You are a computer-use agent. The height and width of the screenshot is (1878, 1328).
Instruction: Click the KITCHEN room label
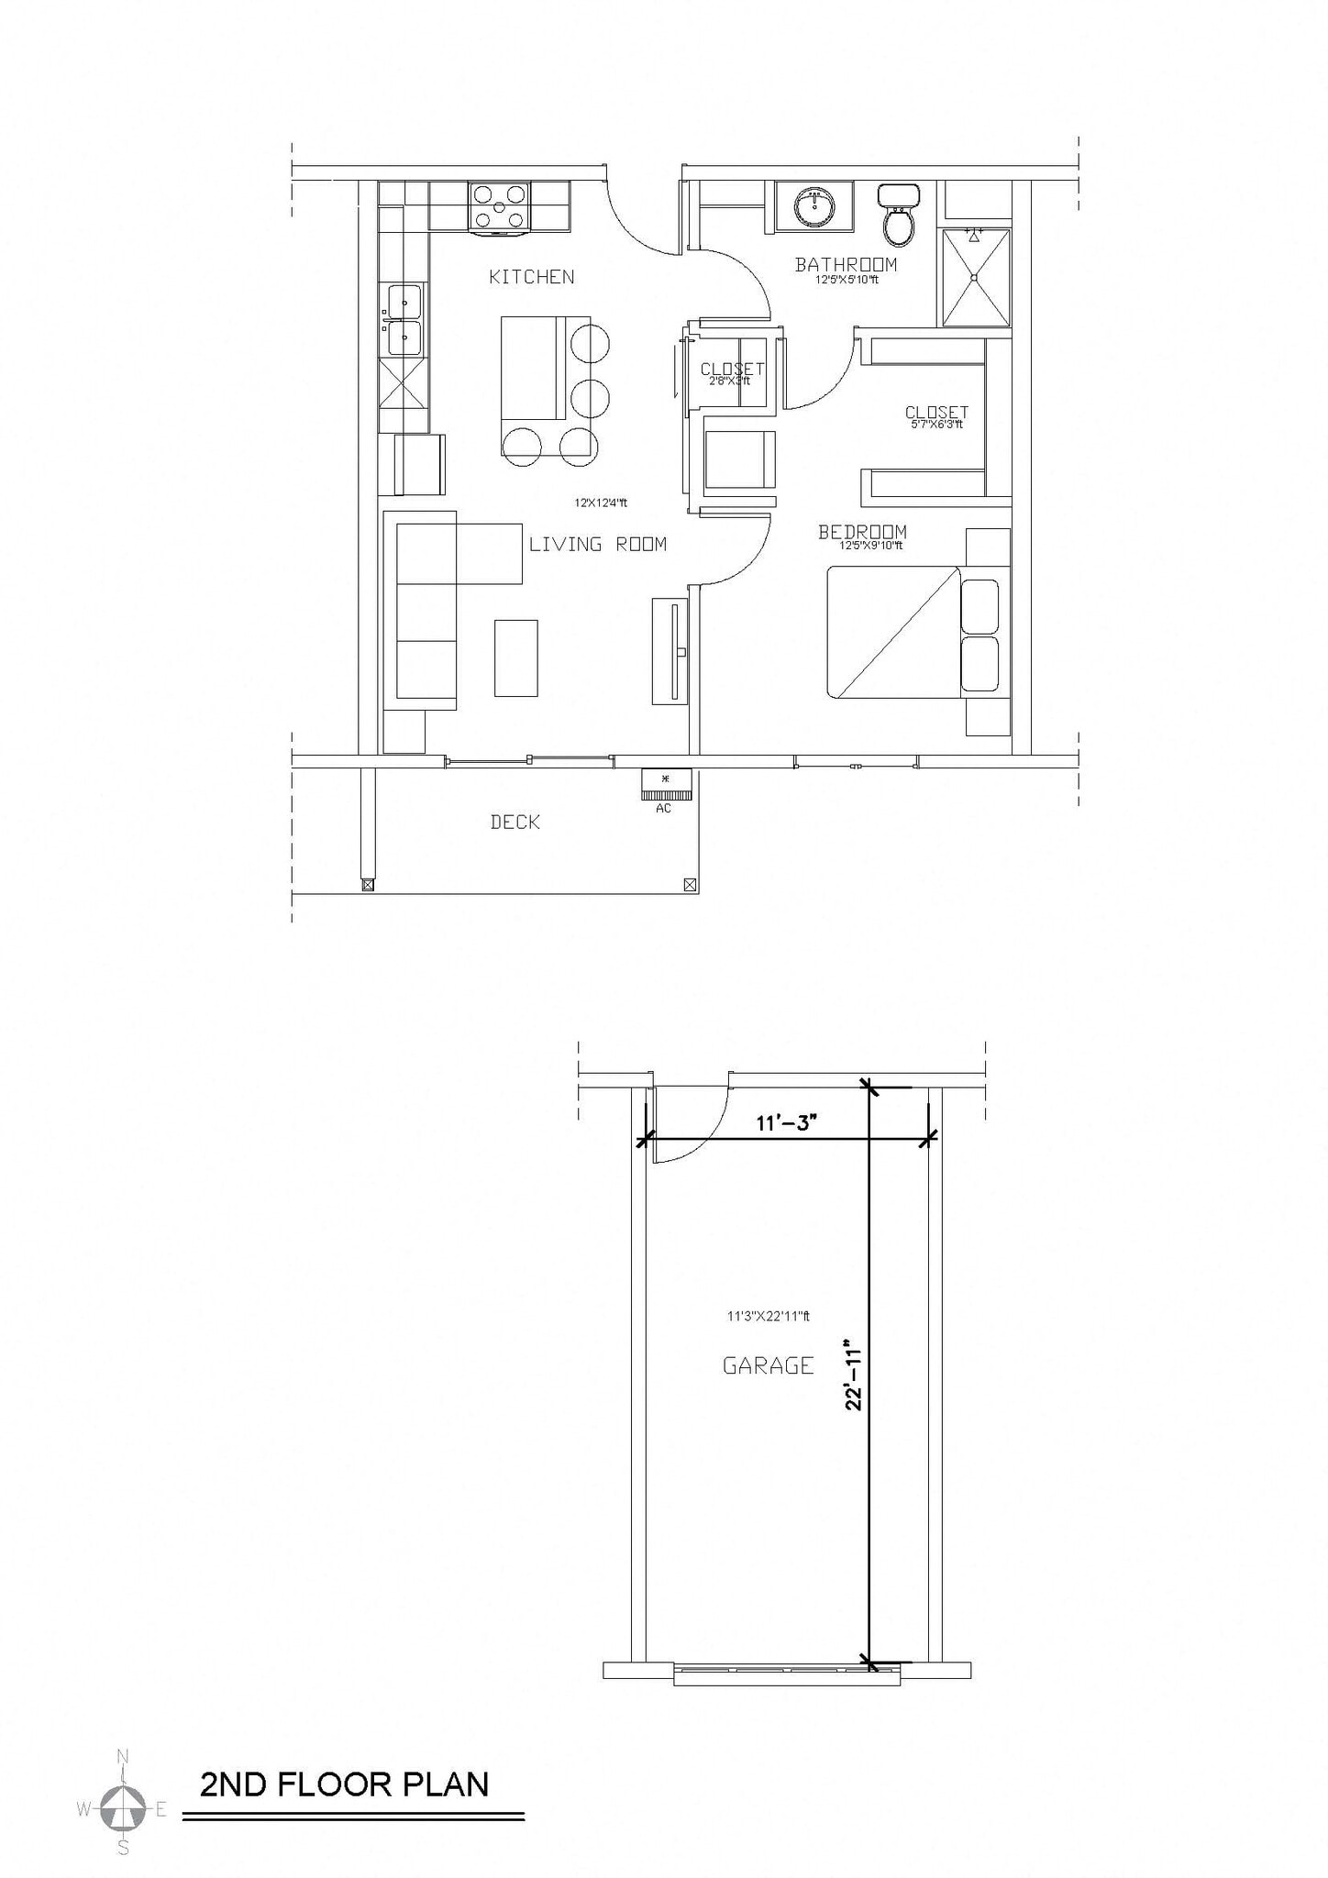click(x=531, y=277)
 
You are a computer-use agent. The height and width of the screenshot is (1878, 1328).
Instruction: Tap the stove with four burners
click(x=499, y=207)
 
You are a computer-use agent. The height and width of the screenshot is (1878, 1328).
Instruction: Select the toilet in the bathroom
click(x=899, y=216)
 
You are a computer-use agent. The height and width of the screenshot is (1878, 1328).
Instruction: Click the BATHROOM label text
click(x=846, y=265)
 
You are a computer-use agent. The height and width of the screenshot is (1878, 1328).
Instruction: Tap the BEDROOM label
click(x=862, y=532)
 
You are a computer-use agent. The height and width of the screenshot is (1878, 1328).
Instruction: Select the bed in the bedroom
click(x=894, y=633)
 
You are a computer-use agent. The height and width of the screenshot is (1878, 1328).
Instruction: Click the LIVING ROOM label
click(x=597, y=545)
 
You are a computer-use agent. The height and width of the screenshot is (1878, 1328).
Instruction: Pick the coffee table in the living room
click(x=515, y=657)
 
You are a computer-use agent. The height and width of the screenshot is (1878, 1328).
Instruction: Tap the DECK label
click(x=515, y=823)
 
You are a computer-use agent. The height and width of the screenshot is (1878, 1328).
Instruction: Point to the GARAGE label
click(x=768, y=1366)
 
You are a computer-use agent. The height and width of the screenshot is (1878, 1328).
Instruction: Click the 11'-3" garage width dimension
click(x=786, y=1123)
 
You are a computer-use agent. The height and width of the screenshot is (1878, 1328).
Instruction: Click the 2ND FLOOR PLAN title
click(x=344, y=1784)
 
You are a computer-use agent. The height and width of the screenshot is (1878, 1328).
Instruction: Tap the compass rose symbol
click(x=123, y=1808)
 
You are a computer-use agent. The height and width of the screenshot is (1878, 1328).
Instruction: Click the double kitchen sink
click(x=404, y=319)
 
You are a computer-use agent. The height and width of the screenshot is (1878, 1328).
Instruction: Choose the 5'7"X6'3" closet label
click(x=935, y=417)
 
